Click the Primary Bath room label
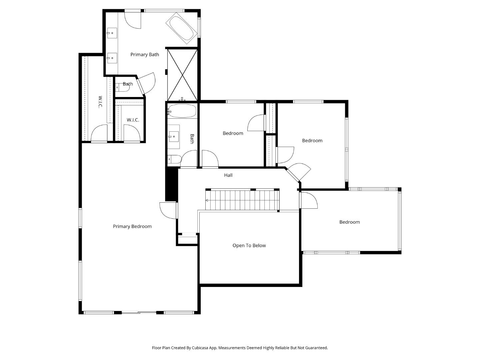coord(144,55)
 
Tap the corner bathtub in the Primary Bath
coord(182,28)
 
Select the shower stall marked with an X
coord(182,75)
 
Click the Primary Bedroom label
coord(132,227)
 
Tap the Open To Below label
coord(249,246)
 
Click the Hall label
coord(228,175)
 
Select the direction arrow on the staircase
coord(207,200)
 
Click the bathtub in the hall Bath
coord(182,111)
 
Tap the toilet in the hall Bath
coord(174,159)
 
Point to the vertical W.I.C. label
coord(100,102)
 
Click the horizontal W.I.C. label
coord(133,120)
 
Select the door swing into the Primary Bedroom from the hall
coord(168,211)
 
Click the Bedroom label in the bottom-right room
coord(349,222)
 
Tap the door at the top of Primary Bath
coord(133,20)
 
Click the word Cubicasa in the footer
coord(200,348)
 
